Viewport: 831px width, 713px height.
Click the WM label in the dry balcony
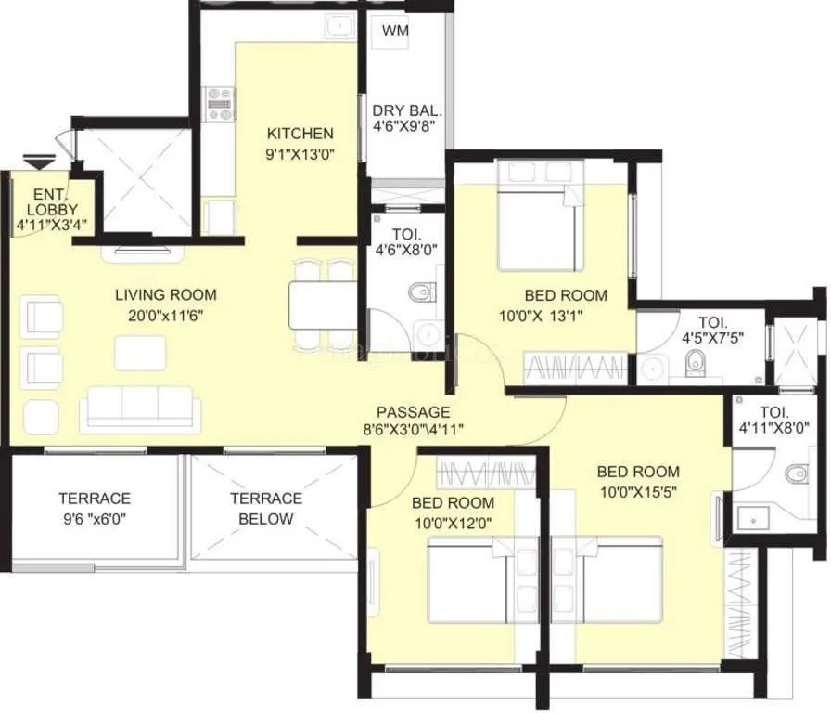click(396, 32)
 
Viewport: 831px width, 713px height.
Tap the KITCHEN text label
click(300, 133)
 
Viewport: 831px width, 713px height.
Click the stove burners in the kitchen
click(221, 103)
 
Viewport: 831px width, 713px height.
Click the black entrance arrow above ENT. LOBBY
click(38, 164)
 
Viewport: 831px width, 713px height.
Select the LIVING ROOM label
click(166, 295)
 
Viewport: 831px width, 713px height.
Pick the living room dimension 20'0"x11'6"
click(166, 316)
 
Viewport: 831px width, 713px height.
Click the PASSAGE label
click(413, 412)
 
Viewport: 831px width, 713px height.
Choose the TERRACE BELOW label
click(266, 509)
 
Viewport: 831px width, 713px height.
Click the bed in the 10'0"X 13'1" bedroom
click(535, 224)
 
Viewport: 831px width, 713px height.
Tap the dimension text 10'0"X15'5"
click(638, 492)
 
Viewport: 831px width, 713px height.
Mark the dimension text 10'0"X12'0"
click(453, 524)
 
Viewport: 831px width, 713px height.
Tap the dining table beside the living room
click(322, 304)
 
